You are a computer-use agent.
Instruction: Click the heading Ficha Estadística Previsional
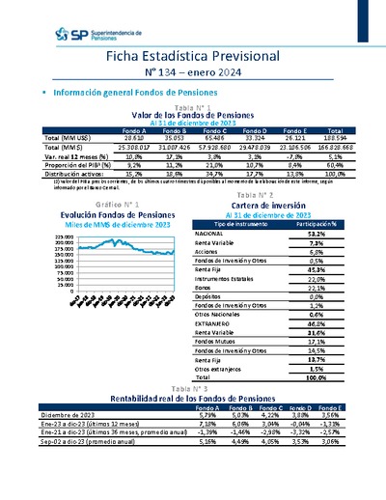192,57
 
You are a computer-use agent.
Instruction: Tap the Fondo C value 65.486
219,137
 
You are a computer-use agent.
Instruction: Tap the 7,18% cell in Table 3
206,423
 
